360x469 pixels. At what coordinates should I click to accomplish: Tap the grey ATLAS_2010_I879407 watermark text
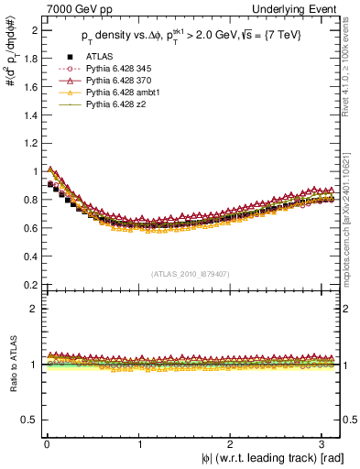point(191,274)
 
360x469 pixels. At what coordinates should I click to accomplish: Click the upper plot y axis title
point(11,73)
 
